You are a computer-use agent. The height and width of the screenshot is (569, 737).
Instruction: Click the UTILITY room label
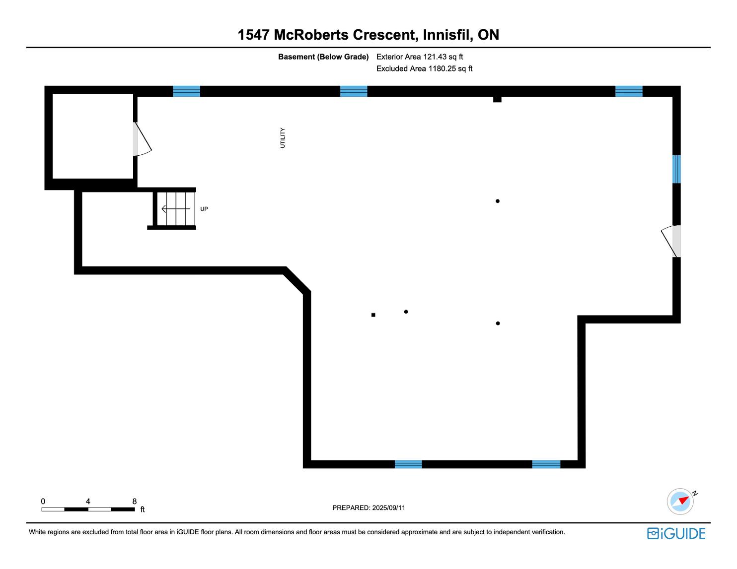pyautogui.click(x=283, y=138)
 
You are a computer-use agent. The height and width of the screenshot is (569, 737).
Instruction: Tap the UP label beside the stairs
pyautogui.click(x=204, y=209)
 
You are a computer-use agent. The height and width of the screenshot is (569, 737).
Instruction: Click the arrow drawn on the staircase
pyautogui.click(x=175, y=209)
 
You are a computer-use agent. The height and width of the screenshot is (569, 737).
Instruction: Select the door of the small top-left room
pyautogui.click(x=142, y=139)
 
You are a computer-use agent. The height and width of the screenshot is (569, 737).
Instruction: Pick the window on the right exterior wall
pyautogui.click(x=676, y=169)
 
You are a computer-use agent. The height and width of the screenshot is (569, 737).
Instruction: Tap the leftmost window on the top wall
pyautogui.click(x=186, y=91)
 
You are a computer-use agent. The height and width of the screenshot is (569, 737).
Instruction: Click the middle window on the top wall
pyautogui.click(x=354, y=91)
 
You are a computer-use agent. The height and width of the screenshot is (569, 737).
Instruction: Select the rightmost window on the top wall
pyautogui.click(x=629, y=91)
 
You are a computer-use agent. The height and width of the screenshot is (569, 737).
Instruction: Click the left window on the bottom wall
pyautogui.click(x=408, y=464)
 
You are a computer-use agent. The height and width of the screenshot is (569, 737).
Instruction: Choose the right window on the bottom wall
pyautogui.click(x=546, y=464)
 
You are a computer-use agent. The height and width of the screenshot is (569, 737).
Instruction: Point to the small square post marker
pyautogui.click(x=373, y=315)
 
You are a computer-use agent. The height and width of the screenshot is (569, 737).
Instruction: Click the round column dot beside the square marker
pyautogui.click(x=406, y=312)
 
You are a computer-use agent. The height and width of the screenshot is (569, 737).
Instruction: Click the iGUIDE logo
pyautogui.click(x=676, y=533)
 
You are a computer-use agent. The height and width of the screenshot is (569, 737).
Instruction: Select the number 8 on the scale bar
pyautogui.click(x=134, y=501)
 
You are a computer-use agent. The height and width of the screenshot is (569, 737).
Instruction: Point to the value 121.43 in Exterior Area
pyautogui.click(x=435, y=57)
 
